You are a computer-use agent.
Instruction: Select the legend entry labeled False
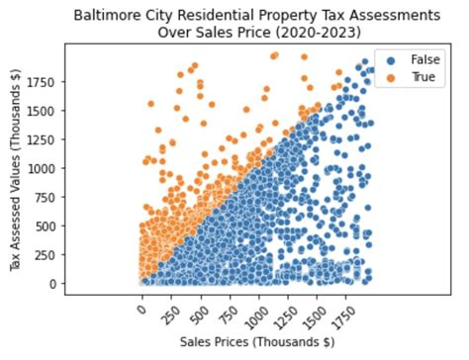[421, 59]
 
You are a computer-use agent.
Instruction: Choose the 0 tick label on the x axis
[144, 308]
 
